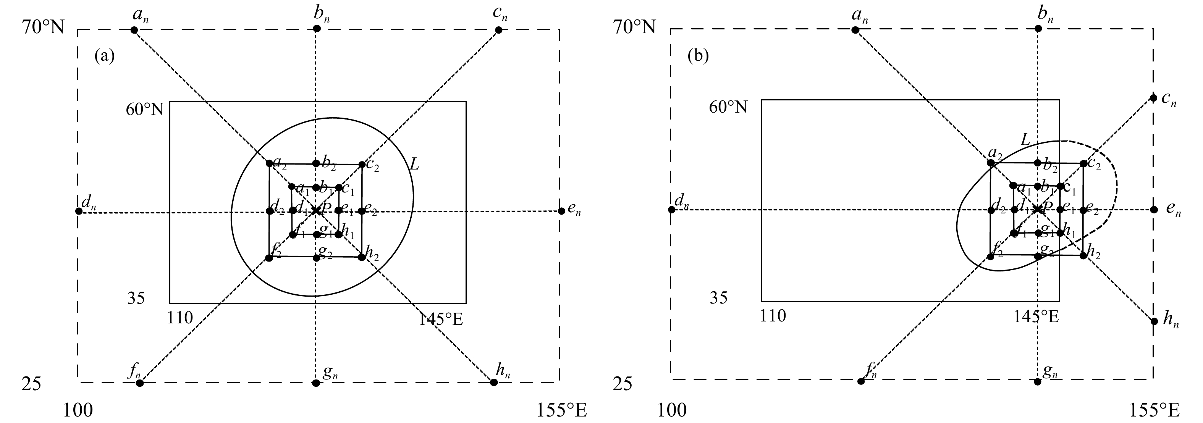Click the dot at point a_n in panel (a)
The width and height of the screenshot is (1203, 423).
134,30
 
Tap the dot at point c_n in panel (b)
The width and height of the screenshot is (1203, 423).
1153,98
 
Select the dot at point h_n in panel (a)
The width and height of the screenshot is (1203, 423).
494,383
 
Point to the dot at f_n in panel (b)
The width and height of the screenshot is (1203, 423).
861,381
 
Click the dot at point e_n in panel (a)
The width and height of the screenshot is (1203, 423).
561,211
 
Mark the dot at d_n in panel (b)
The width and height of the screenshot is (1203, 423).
671,210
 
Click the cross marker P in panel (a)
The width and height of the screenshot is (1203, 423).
316,211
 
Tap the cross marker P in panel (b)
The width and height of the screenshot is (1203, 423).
1038,209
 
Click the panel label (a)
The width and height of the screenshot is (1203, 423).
104,56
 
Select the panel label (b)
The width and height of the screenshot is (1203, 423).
698,56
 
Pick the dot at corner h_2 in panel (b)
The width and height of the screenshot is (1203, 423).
1083,255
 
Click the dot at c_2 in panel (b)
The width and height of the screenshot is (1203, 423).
1083,164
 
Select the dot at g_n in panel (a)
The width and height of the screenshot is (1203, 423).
316,383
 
